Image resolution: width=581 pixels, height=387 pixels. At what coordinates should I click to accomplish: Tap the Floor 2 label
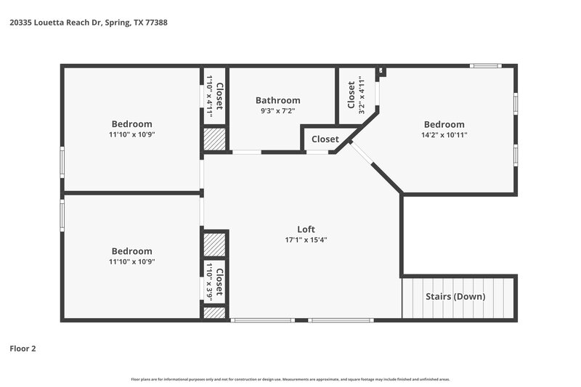(x=23, y=349)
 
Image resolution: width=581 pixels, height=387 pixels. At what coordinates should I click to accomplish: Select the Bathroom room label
(x=277, y=100)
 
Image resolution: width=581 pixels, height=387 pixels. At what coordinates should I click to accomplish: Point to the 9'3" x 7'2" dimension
(x=277, y=111)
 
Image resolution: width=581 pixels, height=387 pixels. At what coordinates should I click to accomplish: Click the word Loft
(x=306, y=229)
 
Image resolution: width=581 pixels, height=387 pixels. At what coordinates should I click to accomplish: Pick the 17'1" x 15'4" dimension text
(x=306, y=240)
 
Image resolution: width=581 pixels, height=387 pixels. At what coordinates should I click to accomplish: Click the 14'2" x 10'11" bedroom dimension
(x=444, y=134)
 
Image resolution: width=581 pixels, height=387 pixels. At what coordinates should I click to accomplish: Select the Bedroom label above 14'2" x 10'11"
(x=444, y=124)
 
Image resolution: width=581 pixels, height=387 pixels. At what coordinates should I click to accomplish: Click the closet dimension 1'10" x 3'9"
(x=208, y=282)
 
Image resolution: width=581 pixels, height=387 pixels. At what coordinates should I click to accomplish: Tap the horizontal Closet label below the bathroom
(x=325, y=139)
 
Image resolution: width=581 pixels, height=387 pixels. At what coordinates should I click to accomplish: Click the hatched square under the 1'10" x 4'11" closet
(x=215, y=139)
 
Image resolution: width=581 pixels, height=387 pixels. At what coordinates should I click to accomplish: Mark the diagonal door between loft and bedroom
(x=362, y=155)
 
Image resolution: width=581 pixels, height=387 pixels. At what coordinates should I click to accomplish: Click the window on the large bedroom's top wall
(x=485, y=67)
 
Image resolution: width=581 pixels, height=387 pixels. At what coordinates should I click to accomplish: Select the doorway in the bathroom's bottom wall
(x=246, y=152)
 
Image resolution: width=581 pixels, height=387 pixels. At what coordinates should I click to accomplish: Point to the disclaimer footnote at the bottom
(x=290, y=379)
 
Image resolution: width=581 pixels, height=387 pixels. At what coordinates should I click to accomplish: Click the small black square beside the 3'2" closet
(x=382, y=71)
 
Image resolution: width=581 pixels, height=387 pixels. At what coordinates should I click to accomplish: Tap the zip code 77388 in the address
(x=156, y=23)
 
